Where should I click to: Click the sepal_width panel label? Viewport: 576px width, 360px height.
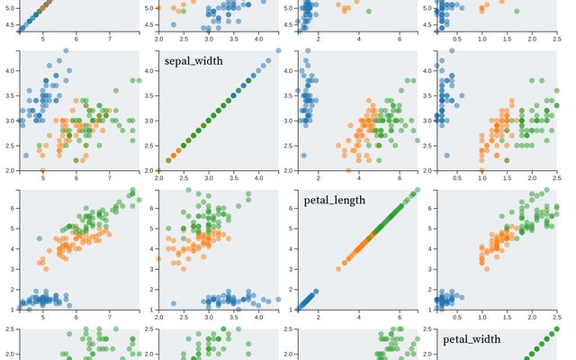[x=193, y=61]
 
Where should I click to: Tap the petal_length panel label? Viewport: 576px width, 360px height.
[x=335, y=200]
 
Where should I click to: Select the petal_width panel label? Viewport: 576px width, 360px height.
[x=472, y=338]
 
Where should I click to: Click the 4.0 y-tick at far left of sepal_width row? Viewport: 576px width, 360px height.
[x=10, y=69]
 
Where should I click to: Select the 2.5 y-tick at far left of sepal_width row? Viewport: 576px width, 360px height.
[x=10, y=145]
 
